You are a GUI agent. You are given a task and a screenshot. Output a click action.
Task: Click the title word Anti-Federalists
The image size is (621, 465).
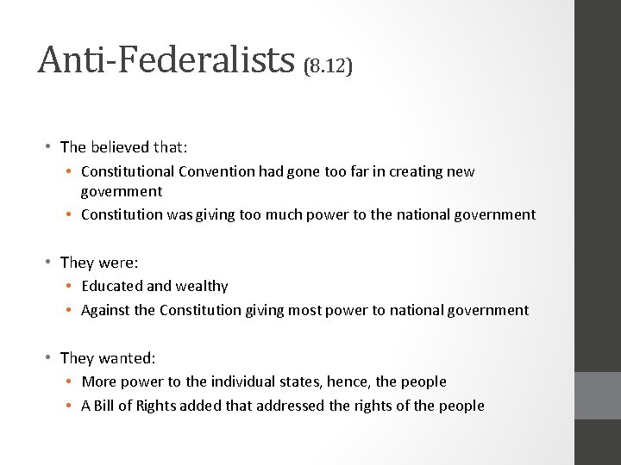[166, 59]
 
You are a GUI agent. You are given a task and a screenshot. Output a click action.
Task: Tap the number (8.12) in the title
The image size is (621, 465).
[329, 66]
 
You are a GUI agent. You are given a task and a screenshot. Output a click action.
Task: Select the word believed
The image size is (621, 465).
[119, 147]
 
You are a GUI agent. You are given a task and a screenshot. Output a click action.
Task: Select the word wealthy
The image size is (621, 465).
[203, 286]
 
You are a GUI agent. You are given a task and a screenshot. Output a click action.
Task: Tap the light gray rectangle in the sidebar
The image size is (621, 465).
[597, 395]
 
